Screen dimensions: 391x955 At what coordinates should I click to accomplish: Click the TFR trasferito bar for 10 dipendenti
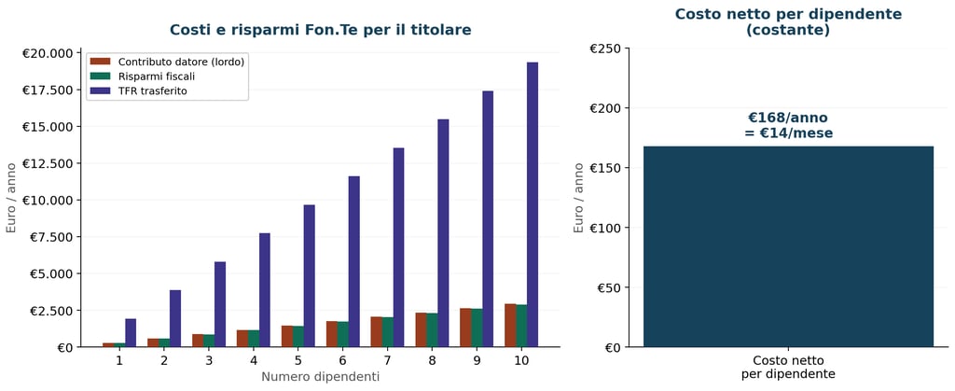coord(533,205)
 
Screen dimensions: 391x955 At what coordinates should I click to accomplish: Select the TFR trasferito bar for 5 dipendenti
coord(309,276)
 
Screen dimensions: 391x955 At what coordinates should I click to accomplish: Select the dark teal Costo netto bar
coord(788,246)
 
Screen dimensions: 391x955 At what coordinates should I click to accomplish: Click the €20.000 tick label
coord(48,53)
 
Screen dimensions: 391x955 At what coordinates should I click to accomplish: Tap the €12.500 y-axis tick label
coord(48,163)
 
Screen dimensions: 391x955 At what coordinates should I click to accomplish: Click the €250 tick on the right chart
coord(605,49)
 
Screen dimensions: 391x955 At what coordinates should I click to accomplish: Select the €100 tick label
coord(605,228)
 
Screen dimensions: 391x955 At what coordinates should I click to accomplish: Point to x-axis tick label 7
coord(387,360)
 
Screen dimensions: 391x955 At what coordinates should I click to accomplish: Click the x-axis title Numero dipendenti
coord(320,377)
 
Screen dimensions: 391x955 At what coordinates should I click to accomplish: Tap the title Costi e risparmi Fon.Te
coord(320,30)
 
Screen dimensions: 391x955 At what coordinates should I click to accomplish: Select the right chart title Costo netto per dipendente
coord(788,21)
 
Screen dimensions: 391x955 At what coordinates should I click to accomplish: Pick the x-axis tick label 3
coord(209,360)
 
